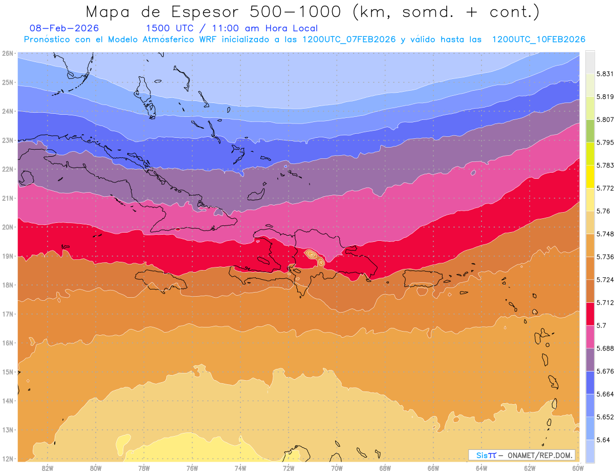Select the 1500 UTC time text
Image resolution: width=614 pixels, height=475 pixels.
(169, 28)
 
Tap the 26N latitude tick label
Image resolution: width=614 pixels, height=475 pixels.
(8, 53)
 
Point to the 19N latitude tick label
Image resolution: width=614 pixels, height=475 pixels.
(8, 256)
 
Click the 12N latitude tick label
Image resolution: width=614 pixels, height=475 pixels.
(8, 459)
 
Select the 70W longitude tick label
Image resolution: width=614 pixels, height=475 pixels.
(337, 468)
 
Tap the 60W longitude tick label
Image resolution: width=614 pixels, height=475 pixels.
(578, 468)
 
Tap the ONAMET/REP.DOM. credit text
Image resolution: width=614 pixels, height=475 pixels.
(538, 456)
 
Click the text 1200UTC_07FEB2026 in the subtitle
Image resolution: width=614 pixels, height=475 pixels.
(349, 39)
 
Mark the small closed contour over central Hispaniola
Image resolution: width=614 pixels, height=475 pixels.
(310, 254)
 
